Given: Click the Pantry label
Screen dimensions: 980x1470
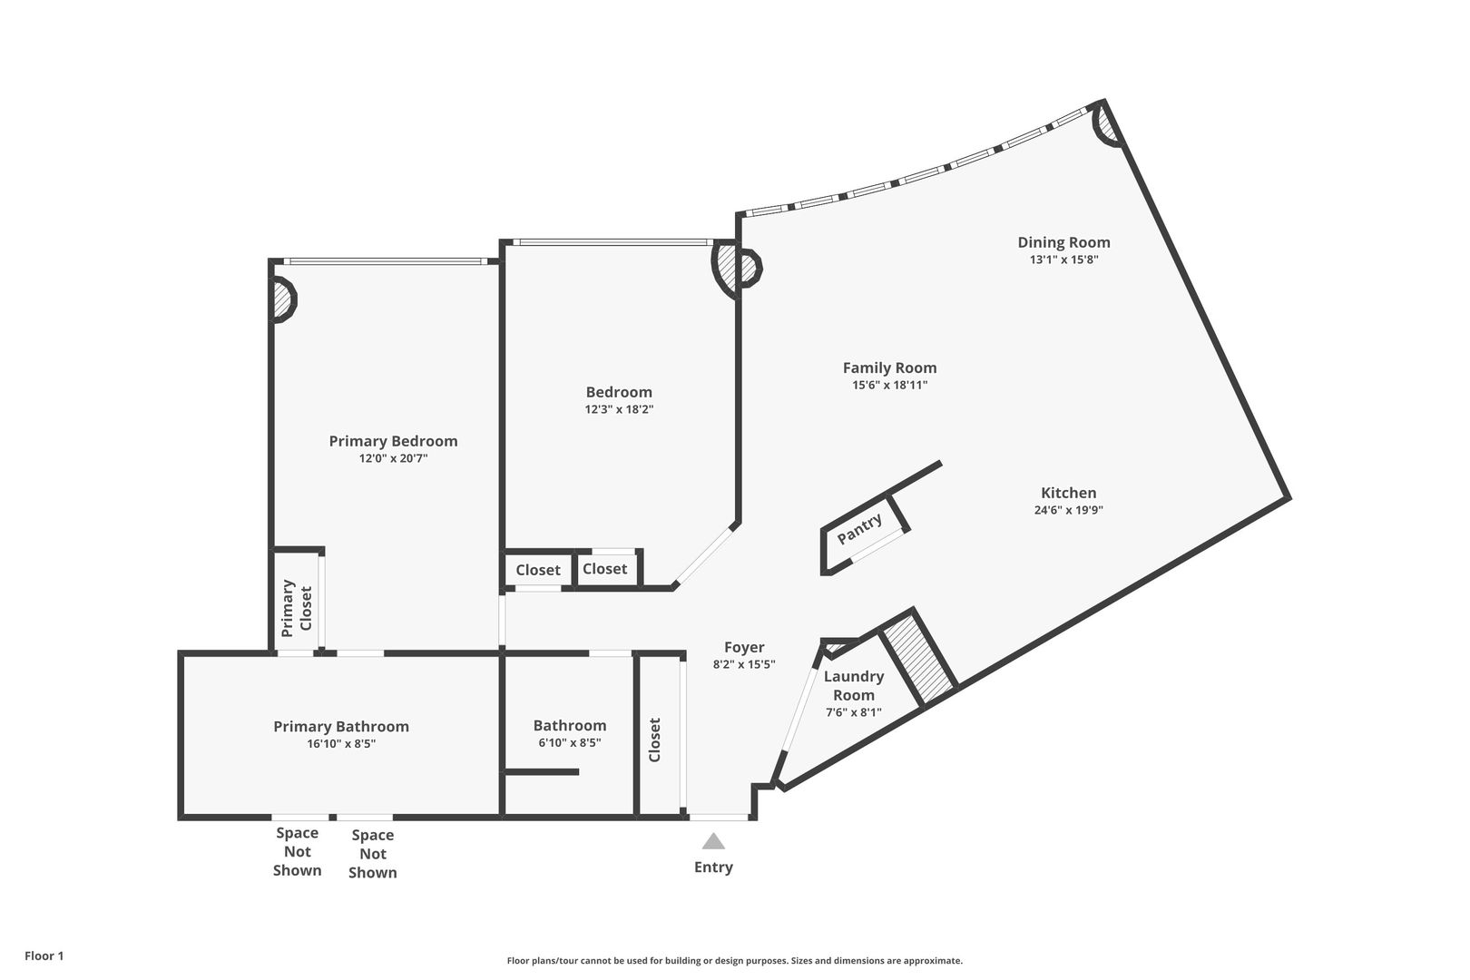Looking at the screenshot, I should coord(859,529).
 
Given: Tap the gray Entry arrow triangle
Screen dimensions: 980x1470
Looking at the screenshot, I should coord(713,841).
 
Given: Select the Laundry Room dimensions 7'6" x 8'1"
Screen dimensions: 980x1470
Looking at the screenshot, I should coord(853,712).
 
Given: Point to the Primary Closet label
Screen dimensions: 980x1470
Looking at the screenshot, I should coord(297,606).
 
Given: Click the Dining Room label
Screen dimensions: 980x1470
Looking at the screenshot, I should coord(1063,242).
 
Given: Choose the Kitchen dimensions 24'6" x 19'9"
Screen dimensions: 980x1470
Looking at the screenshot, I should coord(1068,510).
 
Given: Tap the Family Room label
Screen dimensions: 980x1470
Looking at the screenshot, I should coord(889,367).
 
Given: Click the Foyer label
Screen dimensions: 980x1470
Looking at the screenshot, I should coord(744,647).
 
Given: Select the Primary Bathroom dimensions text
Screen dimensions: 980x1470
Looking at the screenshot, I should coord(341,744).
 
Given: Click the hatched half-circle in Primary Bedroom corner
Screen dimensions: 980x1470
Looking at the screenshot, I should coord(283,299).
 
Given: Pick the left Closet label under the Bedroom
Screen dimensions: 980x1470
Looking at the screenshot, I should coord(538,570).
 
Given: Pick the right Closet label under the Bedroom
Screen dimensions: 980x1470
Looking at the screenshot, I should coord(604,569).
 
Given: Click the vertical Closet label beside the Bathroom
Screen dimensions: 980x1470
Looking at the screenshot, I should coord(655,740).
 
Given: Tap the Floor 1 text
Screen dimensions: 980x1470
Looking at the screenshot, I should coord(44,955).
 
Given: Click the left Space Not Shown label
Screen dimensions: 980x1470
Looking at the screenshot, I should coord(298,851).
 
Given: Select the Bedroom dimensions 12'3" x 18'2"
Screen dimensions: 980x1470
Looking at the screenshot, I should coord(619,409).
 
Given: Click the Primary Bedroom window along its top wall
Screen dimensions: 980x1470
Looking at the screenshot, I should coord(381,262).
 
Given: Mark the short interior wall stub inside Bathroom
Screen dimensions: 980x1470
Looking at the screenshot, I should coord(542,772).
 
